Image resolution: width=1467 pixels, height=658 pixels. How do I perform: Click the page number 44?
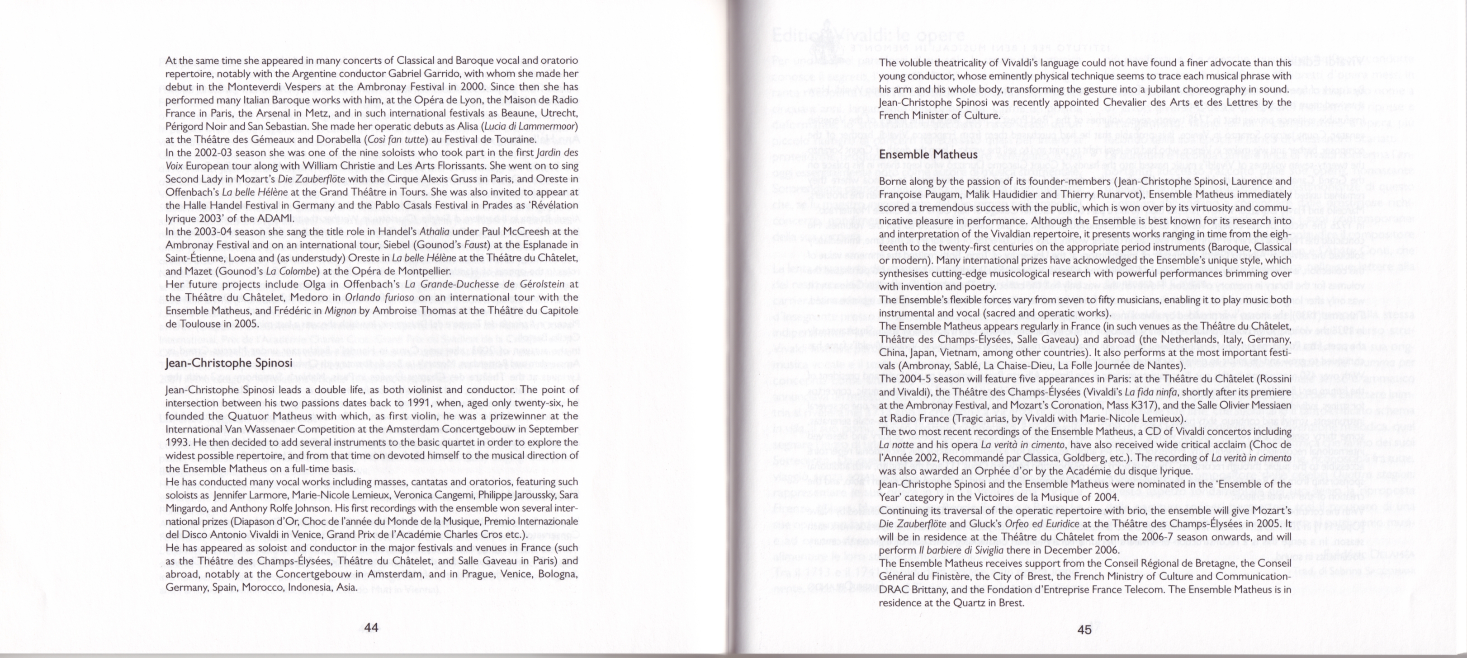pyautogui.click(x=371, y=629)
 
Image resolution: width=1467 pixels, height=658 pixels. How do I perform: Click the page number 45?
pyautogui.click(x=1084, y=629)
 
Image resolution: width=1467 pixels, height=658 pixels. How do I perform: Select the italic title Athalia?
pyautogui.click(x=435, y=232)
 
